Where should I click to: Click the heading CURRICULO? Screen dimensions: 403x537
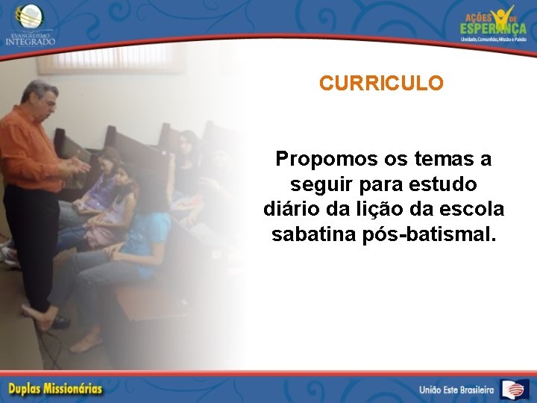[380, 83]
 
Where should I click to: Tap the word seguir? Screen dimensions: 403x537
[315, 184]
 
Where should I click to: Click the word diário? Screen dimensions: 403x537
[291, 208]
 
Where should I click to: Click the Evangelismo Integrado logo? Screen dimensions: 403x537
[30, 25]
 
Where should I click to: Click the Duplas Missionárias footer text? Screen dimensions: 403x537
[55, 389]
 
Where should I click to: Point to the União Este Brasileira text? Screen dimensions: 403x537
[456, 390]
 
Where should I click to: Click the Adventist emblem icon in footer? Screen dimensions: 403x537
[514, 389]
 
